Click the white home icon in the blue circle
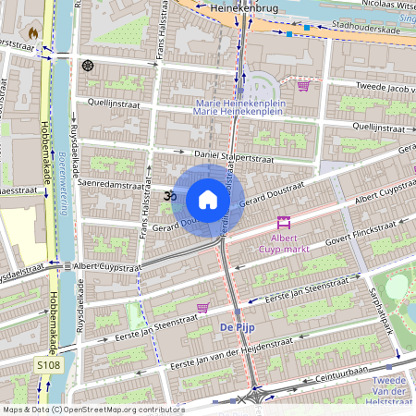208,199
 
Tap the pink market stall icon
284,222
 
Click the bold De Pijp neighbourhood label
236,328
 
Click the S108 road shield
48,367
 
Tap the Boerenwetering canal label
66,166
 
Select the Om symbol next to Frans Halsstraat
169,196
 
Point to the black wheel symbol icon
88,65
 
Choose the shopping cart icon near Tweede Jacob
303,85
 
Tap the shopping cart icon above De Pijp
202,307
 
